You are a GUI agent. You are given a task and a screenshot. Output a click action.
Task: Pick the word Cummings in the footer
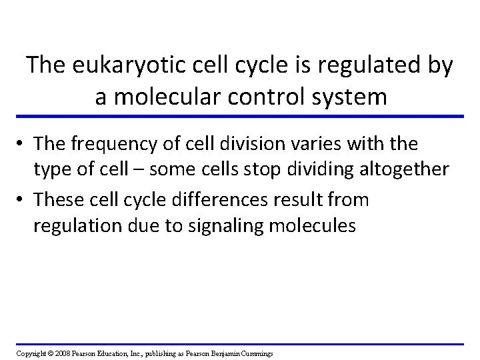253,353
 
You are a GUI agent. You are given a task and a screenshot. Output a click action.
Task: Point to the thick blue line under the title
240,117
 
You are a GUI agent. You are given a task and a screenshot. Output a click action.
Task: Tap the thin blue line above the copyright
240,344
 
